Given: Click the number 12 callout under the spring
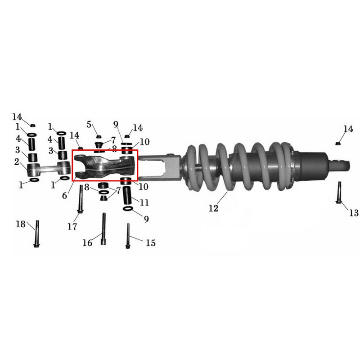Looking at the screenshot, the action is click(x=213, y=208).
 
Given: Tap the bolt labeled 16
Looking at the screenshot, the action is click(x=104, y=229).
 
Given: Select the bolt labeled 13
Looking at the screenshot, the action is click(x=339, y=193).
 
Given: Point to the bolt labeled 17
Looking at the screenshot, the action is click(x=81, y=199).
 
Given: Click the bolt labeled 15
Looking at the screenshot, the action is click(x=128, y=236).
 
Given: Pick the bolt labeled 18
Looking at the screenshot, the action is click(x=37, y=234).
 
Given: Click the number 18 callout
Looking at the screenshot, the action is click(x=20, y=224).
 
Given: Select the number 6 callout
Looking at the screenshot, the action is click(x=64, y=196).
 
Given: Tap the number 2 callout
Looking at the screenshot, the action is click(x=17, y=162).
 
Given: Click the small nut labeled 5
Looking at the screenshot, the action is click(x=99, y=137).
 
